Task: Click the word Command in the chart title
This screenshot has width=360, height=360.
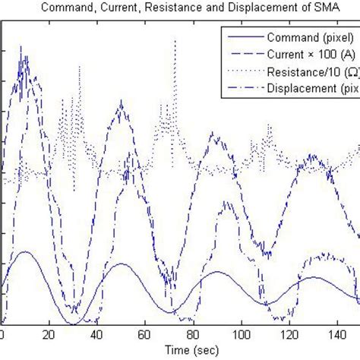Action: (84, 8)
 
